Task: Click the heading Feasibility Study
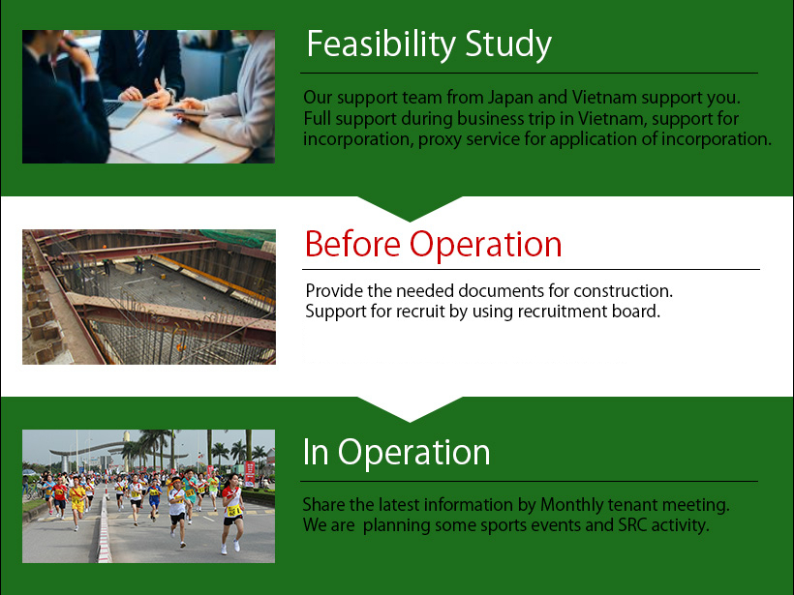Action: click(429, 45)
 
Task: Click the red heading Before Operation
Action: click(434, 245)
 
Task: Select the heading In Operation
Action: click(396, 452)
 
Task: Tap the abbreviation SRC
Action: click(632, 525)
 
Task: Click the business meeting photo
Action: click(148, 97)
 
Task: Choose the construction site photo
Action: click(149, 297)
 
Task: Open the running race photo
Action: click(148, 496)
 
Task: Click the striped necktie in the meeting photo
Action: click(140, 46)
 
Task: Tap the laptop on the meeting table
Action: click(123, 113)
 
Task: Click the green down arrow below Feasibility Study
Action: click(411, 208)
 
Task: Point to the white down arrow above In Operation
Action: click(411, 409)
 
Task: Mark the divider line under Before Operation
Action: click(531, 270)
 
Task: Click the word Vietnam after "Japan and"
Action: click(604, 97)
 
